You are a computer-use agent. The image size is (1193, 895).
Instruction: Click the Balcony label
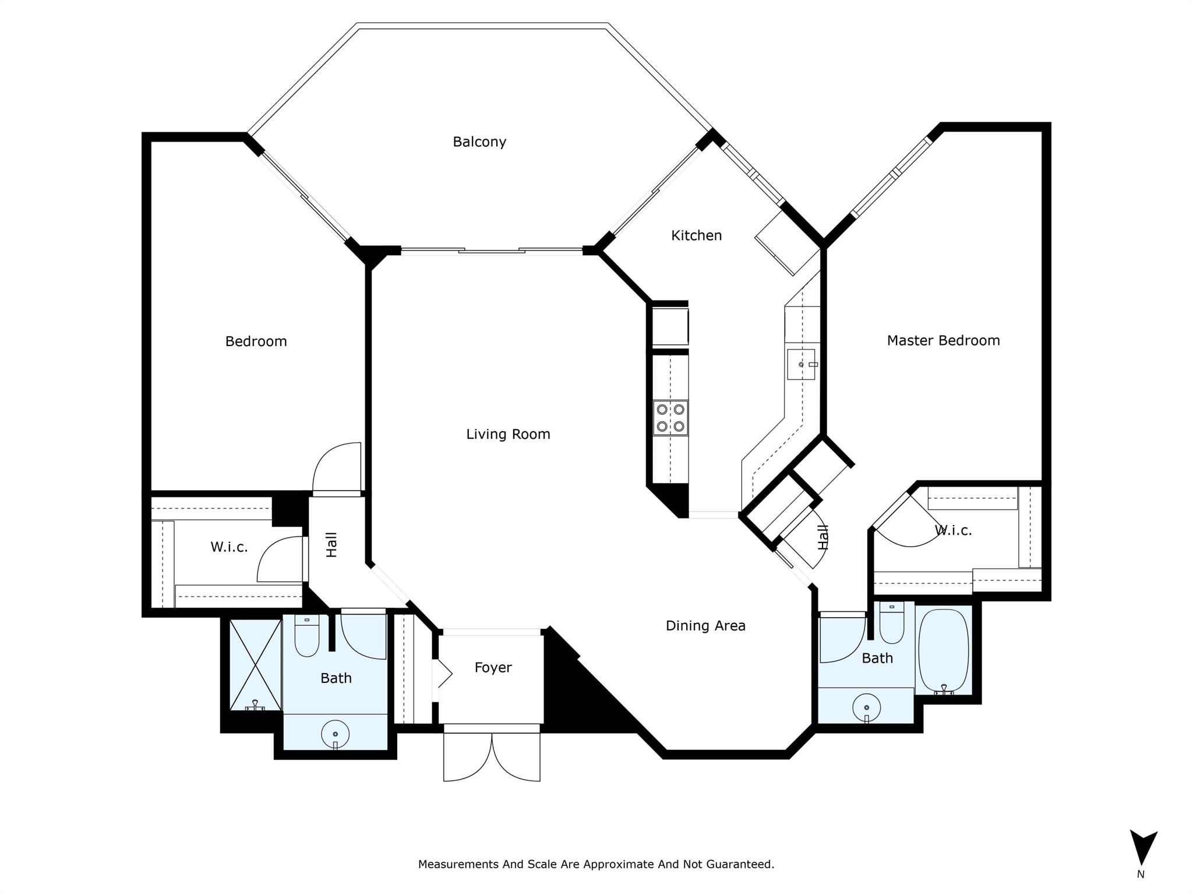point(479,142)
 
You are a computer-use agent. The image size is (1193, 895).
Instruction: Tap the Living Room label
point(508,434)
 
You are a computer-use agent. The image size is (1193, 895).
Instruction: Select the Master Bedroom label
point(943,340)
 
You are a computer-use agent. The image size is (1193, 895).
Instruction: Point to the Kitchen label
point(696,235)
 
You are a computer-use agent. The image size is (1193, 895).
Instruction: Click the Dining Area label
point(705,626)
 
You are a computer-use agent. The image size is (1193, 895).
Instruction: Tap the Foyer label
point(493,668)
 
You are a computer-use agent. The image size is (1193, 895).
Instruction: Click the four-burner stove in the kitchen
point(670,418)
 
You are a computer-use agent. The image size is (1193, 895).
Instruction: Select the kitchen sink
point(801,364)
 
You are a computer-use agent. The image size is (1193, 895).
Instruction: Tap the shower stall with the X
point(256,665)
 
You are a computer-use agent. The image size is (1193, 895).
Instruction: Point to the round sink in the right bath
point(867,707)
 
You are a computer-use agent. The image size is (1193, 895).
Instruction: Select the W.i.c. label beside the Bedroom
point(229,547)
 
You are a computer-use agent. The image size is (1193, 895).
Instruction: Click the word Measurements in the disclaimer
point(458,864)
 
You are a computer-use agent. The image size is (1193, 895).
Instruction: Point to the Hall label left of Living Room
point(331,545)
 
